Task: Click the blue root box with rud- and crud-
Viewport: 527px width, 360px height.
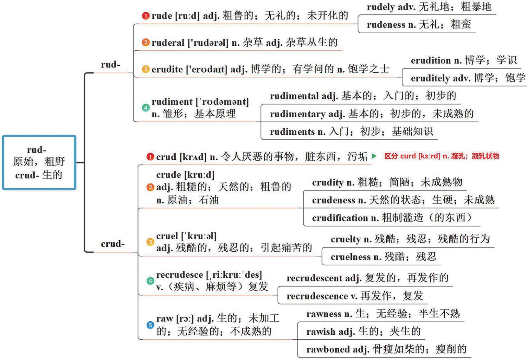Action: click(x=39, y=163)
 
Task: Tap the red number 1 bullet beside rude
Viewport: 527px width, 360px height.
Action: click(x=146, y=16)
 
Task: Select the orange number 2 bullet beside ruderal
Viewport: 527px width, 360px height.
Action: click(x=146, y=43)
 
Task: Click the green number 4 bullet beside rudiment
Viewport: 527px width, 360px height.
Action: click(x=146, y=108)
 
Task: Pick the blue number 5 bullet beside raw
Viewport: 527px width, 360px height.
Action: click(x=150, y=325)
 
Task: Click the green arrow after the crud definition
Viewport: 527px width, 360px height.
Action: click(x=374, y=156)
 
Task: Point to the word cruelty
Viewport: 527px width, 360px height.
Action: click(x=346, y=239)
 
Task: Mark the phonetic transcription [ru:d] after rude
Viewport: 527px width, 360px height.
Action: click(x=187, y=16)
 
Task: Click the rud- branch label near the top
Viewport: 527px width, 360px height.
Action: click(x=110, y=64)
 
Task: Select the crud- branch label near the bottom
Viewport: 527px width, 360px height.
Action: click(x=113, y=244)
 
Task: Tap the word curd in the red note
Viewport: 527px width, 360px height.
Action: click(x=408, y=156)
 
